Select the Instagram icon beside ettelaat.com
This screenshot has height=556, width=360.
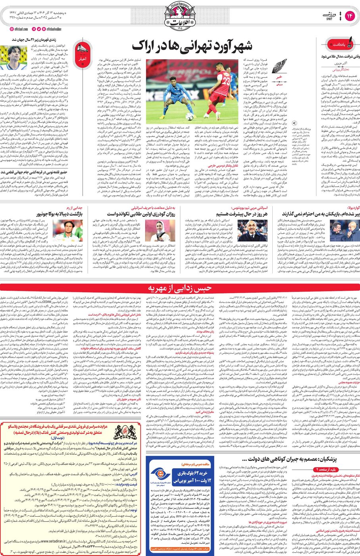pos(12,29)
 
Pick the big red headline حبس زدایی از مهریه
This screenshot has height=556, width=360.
pos(179,288)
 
